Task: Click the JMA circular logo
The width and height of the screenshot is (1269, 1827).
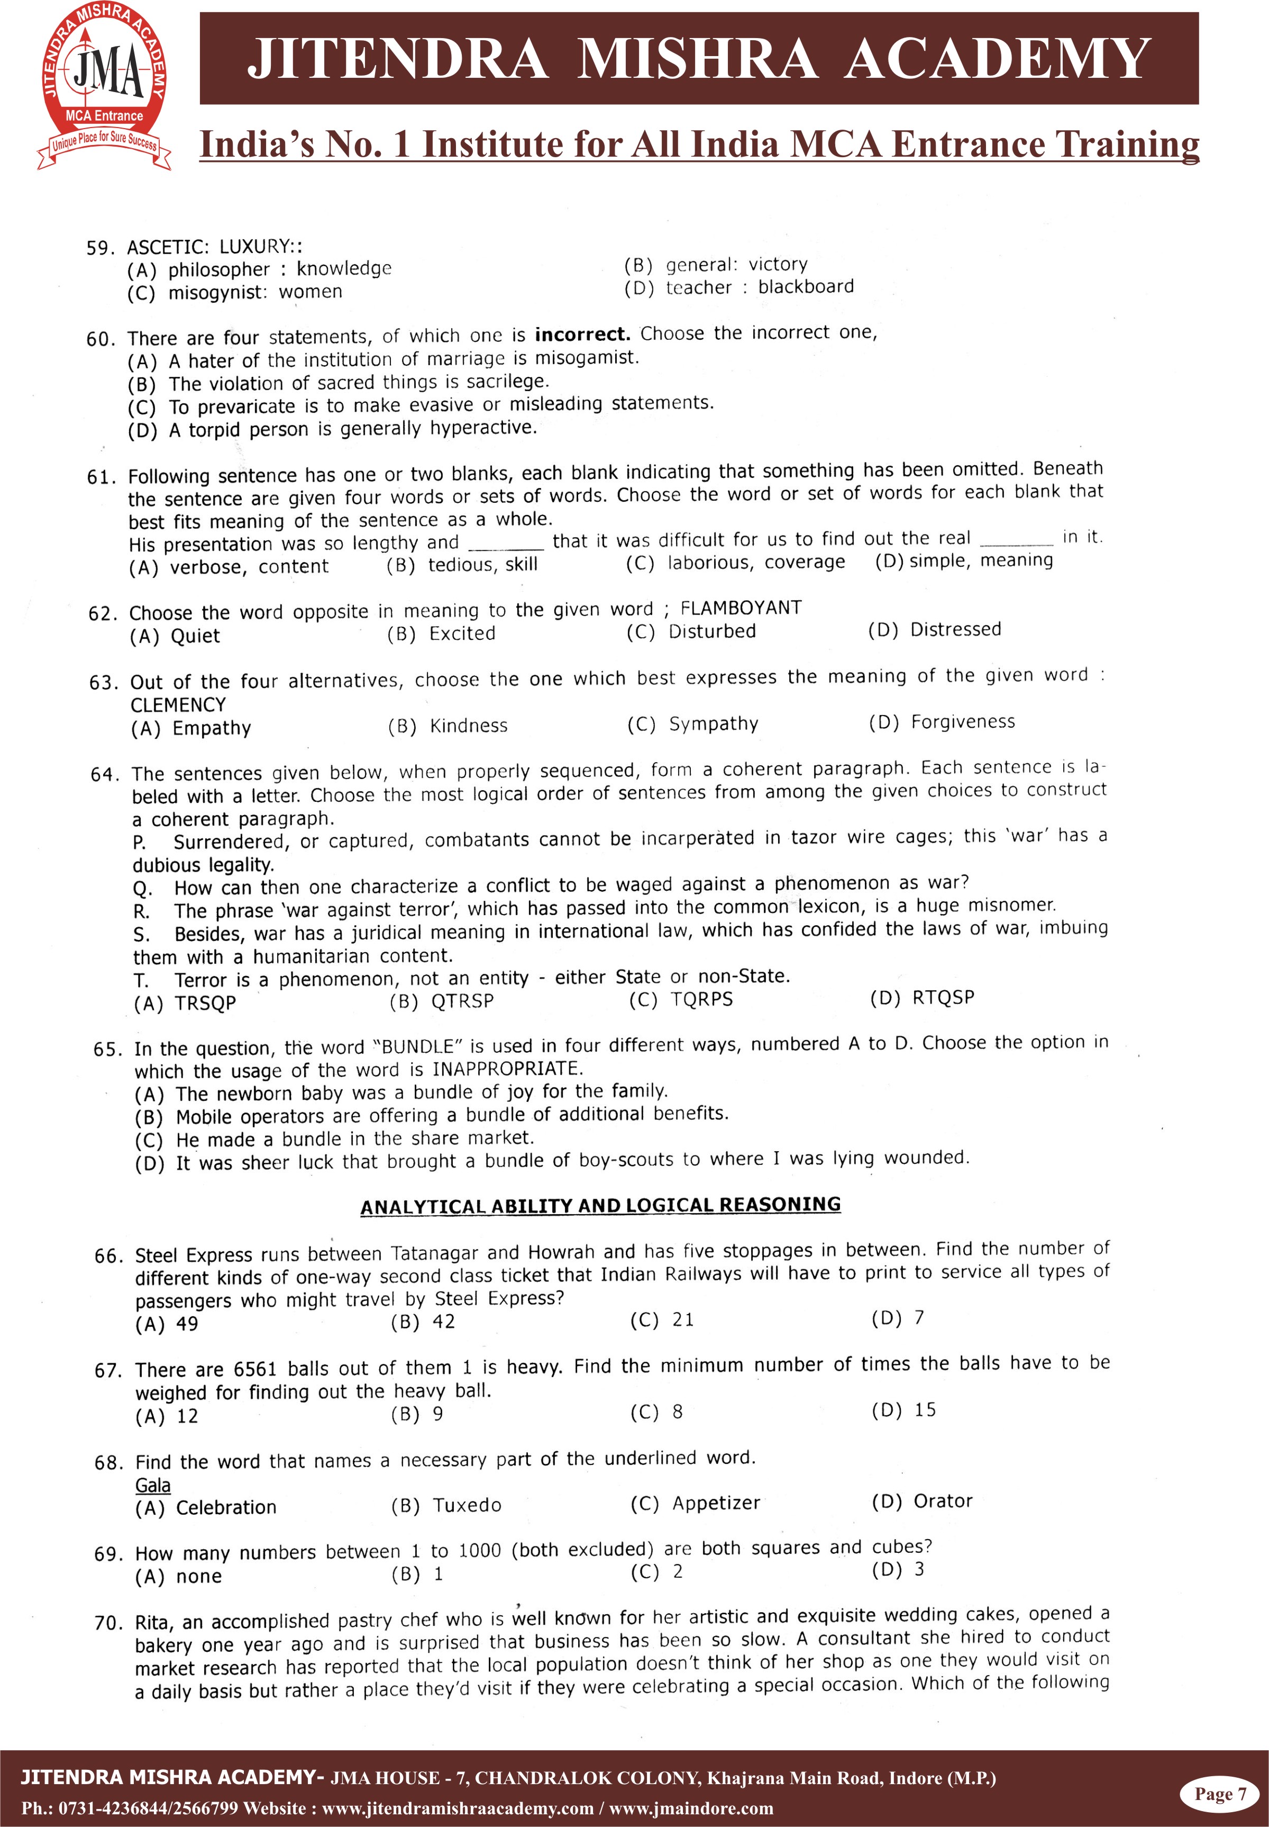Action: coord(104,84)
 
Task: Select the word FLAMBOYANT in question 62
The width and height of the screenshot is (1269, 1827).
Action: coord(740,609)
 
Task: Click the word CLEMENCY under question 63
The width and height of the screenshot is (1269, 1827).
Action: coord(178,705)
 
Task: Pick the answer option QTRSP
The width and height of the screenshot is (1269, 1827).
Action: coord(462,1001)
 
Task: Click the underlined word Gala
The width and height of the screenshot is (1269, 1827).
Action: coord(153,1485)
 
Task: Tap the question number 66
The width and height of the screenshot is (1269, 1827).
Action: coord(108,1256)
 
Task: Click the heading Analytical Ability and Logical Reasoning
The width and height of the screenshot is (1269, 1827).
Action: coord(600,1205)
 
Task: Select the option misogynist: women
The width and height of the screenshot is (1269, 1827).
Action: coord(254,292)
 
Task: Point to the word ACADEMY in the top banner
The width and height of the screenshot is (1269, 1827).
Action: coord(997,59)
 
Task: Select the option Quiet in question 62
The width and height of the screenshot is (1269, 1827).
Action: coord(195,636)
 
